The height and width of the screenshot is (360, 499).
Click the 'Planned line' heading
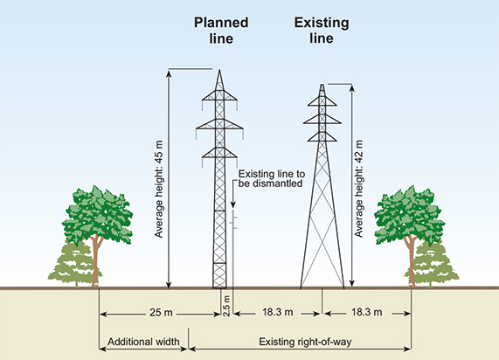click(221, 31)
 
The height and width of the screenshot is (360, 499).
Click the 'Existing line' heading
click(322, 31)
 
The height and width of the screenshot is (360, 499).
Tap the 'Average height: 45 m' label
click(158, 189)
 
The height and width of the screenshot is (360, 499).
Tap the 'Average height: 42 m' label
click(358, 189)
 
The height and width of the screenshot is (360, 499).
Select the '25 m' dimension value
click(161, 313)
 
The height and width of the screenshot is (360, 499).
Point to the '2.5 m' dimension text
click(226, 306)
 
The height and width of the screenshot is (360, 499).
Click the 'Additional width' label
click(143, 342)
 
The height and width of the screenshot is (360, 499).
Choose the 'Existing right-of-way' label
click(305, 342)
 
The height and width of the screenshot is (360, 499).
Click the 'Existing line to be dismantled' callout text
click(272, 178)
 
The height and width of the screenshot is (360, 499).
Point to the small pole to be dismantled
click(233, 249)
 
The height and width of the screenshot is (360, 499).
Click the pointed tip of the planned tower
click(219, 71)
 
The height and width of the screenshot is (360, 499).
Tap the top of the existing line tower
click(322, 86)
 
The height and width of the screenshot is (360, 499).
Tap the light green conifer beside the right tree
click(433, 264)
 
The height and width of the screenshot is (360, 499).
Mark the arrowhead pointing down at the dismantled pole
click(233, 205)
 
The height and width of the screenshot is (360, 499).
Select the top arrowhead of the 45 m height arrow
click(169, 73)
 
